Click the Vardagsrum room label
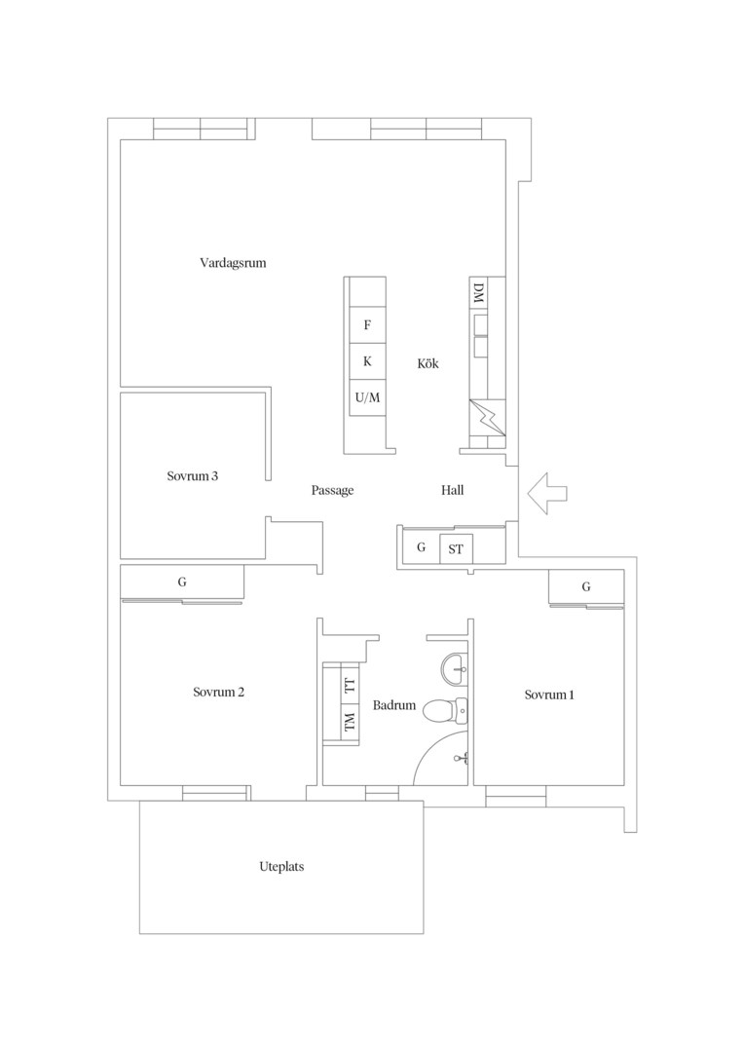233,263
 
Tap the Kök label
428,363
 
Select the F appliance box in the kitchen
367,325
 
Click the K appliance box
367,361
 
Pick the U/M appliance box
367,397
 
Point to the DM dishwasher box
478,293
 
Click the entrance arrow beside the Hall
547,493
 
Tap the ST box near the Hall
456,549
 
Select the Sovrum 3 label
193,476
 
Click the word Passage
332,491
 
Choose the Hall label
452,490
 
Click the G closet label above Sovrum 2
182,582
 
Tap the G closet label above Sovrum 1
586,587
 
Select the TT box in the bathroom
350,685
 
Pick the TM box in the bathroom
350,723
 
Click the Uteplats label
281,867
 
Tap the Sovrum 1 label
549,695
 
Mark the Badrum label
394,706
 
